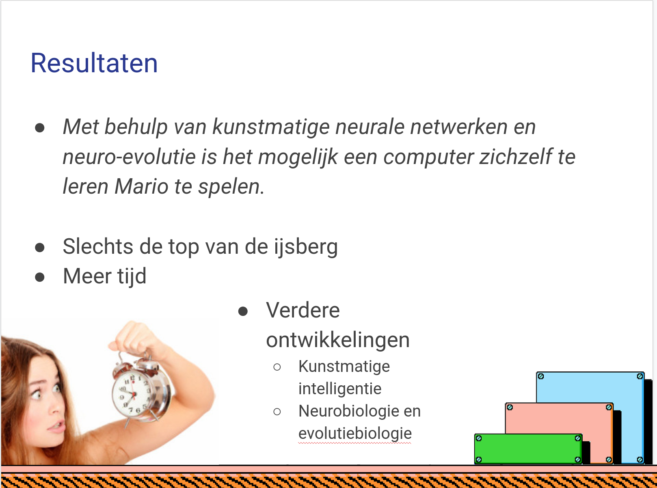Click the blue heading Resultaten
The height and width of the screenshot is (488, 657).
94,63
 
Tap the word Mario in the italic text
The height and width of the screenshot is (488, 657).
141,186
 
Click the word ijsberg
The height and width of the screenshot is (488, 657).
306,247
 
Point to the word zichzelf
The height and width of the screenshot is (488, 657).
516,156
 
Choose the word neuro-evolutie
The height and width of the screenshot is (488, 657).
129,157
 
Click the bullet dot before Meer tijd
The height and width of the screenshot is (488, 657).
40,277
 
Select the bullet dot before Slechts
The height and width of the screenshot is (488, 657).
40,247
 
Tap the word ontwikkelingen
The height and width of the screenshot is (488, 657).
338,341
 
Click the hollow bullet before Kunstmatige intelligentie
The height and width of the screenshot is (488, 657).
277,367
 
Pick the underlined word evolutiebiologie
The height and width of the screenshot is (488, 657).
355,434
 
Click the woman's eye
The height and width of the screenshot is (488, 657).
36,394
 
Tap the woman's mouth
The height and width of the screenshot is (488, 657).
56,426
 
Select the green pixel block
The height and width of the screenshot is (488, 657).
528,449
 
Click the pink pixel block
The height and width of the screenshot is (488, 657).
559,418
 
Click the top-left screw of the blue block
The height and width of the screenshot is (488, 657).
541,376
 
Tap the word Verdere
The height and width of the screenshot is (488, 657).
303,311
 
